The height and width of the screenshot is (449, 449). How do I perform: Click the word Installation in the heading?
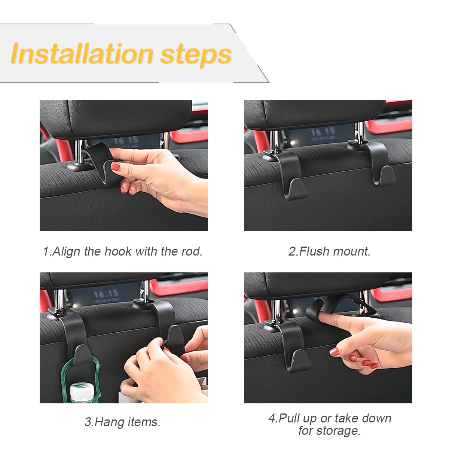pyautogui.click(x=82, y=54)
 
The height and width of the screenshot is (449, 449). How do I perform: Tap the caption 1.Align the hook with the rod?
pyautogui.click(x=123, y=251)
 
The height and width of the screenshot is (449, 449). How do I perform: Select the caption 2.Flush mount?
pyautogui.click(x=329, y=251)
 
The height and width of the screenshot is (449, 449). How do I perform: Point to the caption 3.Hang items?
pyautogui.click(x=123, y=422)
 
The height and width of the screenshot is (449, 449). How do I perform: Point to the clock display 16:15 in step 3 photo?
pyautogui.click(x=106, y=294)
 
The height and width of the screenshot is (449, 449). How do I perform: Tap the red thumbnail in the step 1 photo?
pyautogui.click(x=116, y=167)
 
